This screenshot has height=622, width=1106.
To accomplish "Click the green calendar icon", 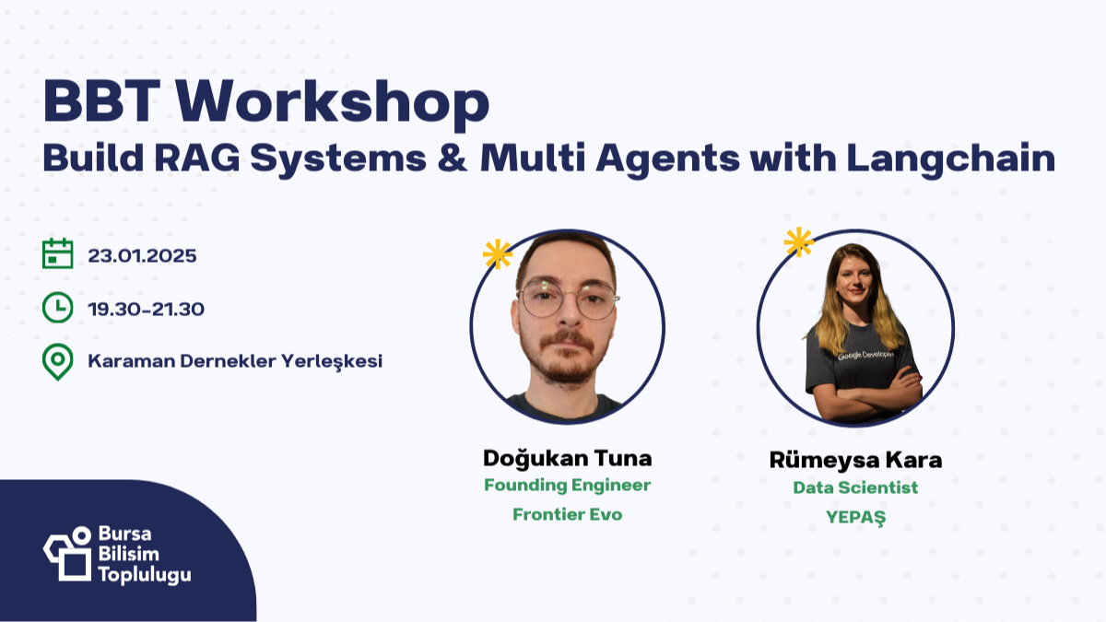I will [58, 254].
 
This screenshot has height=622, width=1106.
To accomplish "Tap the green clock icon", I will [58, 308].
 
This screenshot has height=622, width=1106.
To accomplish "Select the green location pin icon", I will [58, 361].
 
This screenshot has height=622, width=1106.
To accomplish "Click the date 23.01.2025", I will [142, 256].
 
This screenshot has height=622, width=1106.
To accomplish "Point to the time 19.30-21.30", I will [147, 309].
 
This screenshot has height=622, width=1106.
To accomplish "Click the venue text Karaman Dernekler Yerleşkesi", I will [235, 361].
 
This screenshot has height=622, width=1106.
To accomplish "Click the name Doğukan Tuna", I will [567, 458].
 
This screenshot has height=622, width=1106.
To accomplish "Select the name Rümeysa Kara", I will [855, 460].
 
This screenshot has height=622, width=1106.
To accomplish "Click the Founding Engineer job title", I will [567, 486].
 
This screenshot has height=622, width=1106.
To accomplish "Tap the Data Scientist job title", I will [855, 487].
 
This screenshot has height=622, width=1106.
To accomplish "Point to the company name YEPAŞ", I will [855, 517].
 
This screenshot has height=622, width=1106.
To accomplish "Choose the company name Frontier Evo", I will [567, 514].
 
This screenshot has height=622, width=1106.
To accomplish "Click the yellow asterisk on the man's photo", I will [498, 253].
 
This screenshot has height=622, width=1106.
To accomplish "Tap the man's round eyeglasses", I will [568, 301].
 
